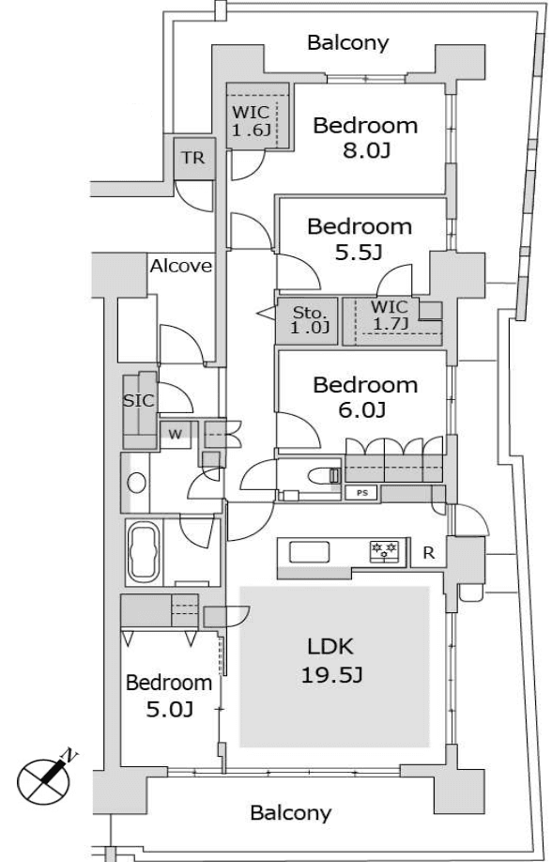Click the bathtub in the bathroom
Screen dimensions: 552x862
click(144, 552)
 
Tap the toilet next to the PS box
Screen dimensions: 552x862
click(325, 475)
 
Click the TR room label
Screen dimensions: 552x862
click(193, 159)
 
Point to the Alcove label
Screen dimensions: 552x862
click(181, 266)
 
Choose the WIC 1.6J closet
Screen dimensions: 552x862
click(258, 116)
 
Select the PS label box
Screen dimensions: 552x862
click(361, 493)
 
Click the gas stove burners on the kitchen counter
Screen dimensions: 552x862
click(384, 551)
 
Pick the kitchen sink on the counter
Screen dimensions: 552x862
click(309, 552)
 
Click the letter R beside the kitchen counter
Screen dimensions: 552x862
click(428, 553)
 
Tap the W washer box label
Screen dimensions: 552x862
click(175, 435)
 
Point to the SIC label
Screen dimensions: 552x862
click(139, 401)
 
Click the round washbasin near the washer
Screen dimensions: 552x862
click(136, 484)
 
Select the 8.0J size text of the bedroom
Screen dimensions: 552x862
click(366, 150)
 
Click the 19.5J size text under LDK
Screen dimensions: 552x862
click(331, 674)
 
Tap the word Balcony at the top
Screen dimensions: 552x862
click(348, 43)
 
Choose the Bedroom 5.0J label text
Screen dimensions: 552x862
click(169, 696)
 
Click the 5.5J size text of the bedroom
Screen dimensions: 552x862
click(359, 252)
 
